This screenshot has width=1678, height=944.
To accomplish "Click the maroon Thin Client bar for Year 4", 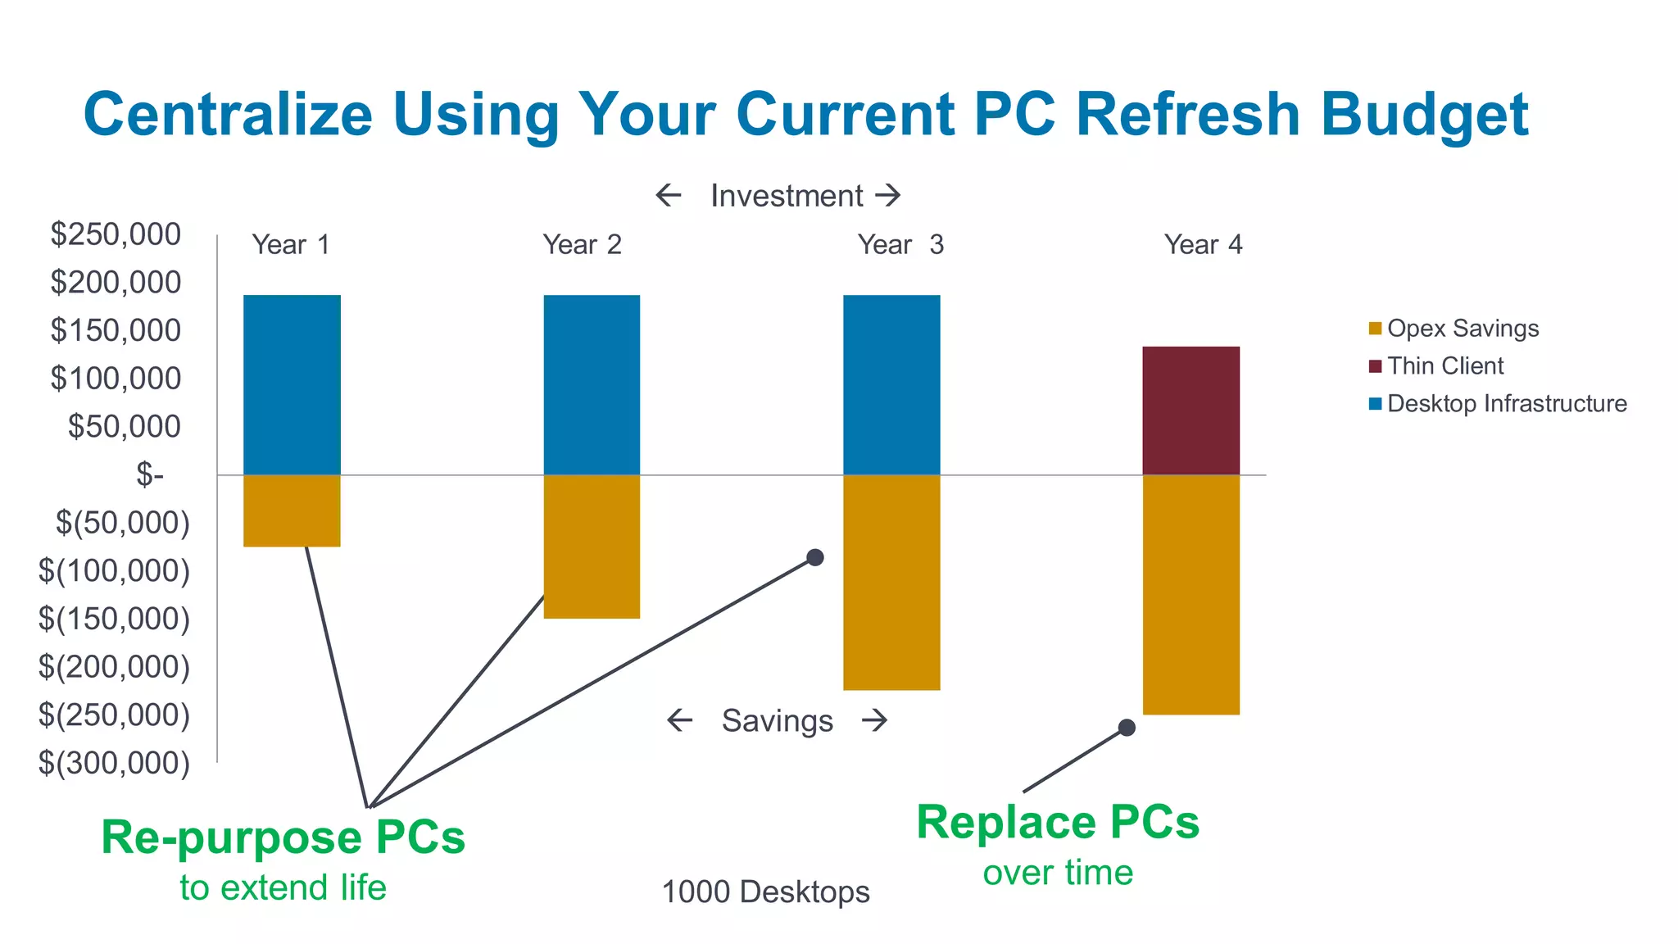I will tap(1190, 411).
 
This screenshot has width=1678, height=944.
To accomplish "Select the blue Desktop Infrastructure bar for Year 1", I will tap(292, 384).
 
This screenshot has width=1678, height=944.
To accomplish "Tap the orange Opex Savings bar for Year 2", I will tap(592, 547).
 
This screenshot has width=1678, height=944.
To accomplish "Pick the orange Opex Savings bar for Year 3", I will tap(891, 583).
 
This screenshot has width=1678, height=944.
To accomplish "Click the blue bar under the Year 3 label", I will tap(891, 384).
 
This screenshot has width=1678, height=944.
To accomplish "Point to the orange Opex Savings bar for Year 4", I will tap(1190, 595).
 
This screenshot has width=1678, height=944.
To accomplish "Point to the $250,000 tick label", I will tap(116, 234).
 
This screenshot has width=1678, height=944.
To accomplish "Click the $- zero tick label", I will tap(150, 474).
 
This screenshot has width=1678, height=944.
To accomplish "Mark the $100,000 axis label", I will tap(116, 379).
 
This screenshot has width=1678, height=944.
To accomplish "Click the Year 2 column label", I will tap(583, 244).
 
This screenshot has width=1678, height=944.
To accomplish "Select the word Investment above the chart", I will tap(787, 196).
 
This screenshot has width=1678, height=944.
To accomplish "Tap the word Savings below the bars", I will tap(777, 721).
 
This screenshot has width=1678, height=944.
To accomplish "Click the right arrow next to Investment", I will tap(888, 195).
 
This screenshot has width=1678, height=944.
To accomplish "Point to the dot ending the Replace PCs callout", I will tap(1127, 728).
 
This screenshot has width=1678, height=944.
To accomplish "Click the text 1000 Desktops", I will tap(765, 892).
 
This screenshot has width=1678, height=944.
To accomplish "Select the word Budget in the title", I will tap(1424, 114).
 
